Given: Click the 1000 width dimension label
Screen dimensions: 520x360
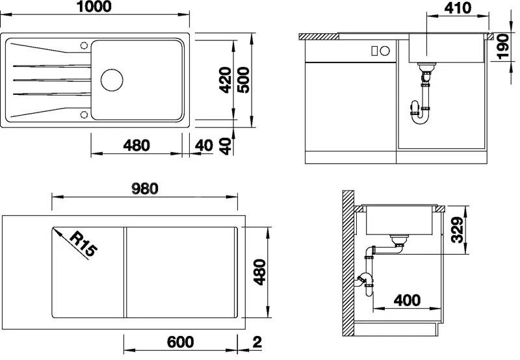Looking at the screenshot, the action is [95, 6].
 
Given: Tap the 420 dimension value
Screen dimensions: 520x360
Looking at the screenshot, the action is [226, 80].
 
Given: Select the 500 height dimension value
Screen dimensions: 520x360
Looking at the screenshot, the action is [244, 80].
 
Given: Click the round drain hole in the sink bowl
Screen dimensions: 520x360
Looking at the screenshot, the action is [112, 80].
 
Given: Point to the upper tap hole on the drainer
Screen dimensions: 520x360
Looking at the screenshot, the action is [84, 45].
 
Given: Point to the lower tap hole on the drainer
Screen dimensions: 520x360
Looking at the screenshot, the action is [84, 115].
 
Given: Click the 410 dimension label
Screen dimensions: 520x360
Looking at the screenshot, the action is [458, 8].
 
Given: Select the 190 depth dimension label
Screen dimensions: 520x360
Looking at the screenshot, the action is [504, 47].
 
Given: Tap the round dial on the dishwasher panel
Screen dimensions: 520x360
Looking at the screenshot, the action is [385, 51].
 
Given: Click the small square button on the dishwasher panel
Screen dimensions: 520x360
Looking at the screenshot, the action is [374, 51].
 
